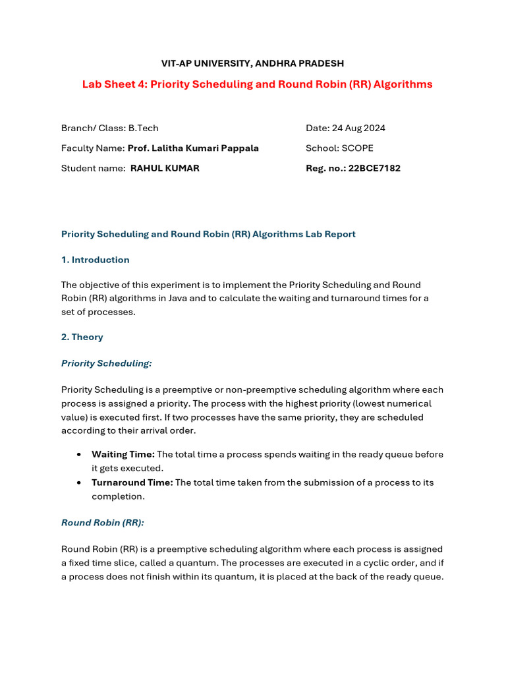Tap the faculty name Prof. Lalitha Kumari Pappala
[192, 148]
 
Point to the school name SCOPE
[357, 148]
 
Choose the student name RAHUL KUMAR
[165, 168]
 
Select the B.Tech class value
[143, 128]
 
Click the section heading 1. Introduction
[95, 260]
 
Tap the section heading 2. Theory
[82, 337]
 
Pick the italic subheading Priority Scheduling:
[106, 363]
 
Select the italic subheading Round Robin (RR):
[102, 523]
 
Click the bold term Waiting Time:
[123, 454]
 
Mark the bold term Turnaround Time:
[132, 483]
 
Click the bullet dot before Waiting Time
[79, 455]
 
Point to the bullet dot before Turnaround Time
[79, 483]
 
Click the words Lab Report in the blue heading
[331, 234]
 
